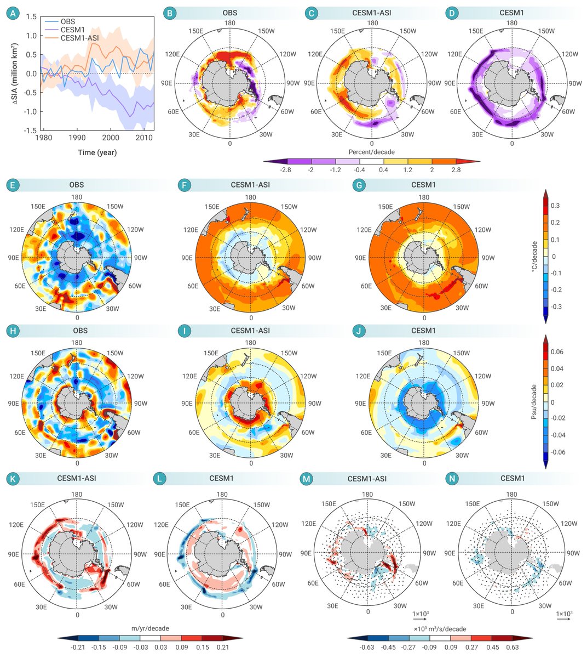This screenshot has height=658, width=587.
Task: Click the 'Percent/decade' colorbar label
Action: (372, 151)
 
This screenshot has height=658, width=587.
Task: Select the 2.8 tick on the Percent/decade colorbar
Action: (456, 170)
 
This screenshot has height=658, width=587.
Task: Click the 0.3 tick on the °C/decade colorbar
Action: (555, 206)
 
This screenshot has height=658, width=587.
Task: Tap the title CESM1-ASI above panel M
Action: (367, 479)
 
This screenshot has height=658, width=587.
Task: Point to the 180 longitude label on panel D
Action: (512, 23)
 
